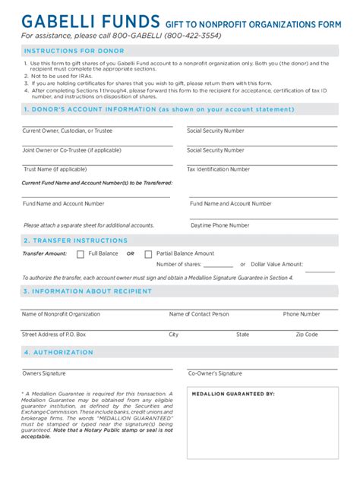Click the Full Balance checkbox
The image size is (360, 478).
[81, 253]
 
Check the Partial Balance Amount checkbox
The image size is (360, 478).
[148, 253]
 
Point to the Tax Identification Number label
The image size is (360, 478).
[218, 169]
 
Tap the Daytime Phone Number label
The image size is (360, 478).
[219, 225]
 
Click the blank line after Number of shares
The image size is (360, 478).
[218, 266]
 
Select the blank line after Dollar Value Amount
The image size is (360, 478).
[320, 269]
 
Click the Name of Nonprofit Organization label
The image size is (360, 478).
[61, 314]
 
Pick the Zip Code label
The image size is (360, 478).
[307, 335]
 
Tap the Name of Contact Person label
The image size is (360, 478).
[198, 314]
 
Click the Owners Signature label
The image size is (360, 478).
[44, 373]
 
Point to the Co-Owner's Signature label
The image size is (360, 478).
[215, 373]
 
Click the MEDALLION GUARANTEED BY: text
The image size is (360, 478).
[233, 395]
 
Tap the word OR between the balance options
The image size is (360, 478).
[130, 253]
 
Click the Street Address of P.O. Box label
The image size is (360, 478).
[54, 335]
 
